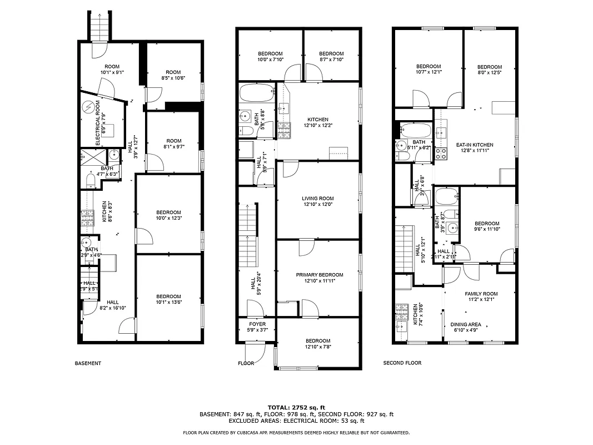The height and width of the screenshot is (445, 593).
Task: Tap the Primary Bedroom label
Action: click(319, 275)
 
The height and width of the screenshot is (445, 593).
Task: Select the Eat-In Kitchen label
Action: click(475, 145)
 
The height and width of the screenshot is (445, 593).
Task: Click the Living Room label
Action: click(318, 199)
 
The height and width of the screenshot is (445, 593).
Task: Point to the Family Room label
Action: click(481, 294)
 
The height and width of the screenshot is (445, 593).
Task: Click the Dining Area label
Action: click(466, 324)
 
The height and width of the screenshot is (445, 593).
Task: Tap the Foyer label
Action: click(257, 324)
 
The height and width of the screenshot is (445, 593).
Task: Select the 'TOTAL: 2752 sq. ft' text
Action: click(296, 407)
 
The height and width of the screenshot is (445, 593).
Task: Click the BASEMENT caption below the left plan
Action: click(88, 363)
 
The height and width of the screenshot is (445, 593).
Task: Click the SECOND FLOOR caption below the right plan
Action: click(402, 363)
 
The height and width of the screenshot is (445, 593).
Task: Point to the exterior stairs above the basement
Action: click(98, 24)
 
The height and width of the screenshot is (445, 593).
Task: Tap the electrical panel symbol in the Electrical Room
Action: click(88, 107)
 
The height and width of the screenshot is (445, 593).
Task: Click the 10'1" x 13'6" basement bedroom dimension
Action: click(168, 303)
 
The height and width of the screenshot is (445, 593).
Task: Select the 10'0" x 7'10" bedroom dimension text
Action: click(270, 60)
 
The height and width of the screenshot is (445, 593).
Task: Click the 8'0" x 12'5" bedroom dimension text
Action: click(489, 73)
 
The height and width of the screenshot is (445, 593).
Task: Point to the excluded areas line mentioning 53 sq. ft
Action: click(296, 421)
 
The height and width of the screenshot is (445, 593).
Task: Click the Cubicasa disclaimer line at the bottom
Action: click(296, 432)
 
